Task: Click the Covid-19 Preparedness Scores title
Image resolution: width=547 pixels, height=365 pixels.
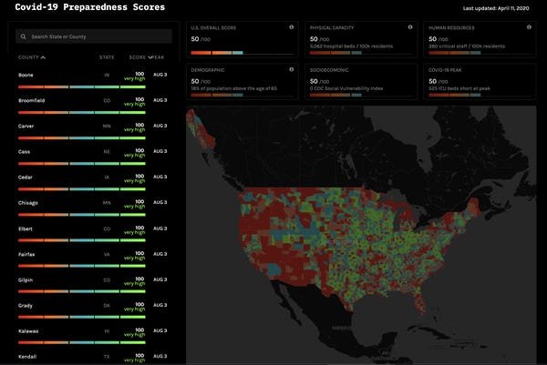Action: [90, 7]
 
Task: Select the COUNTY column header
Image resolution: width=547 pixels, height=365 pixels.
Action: [28, 57]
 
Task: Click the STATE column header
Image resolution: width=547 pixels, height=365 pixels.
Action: [107, 57]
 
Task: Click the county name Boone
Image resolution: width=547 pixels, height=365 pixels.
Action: [26, 74]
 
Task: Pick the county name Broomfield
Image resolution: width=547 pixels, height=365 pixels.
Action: [33, 100]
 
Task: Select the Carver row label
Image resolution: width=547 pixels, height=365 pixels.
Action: [27, 126]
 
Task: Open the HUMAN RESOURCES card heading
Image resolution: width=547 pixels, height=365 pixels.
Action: [452, 28]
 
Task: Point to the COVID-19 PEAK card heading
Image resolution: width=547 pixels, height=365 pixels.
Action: [447, 68]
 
